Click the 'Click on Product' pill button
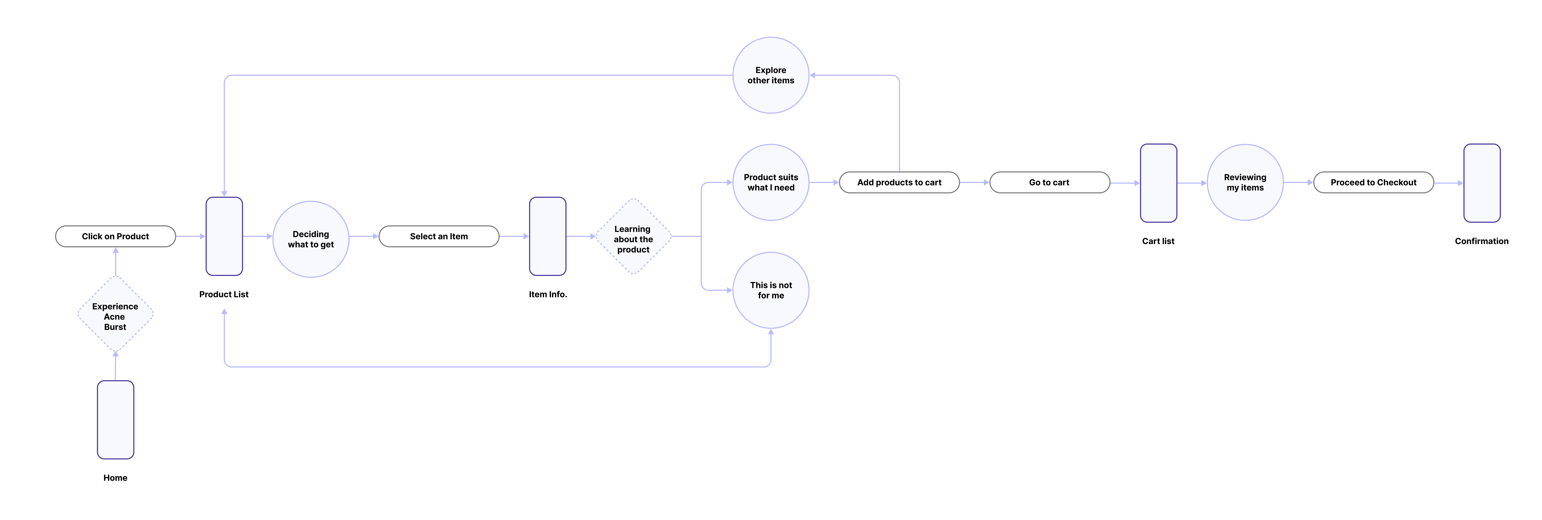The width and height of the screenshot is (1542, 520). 115,236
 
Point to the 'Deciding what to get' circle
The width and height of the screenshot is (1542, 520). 311,239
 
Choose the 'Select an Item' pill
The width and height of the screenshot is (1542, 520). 439,236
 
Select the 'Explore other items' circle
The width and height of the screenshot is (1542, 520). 771,75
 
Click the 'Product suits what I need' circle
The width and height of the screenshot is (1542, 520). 771,183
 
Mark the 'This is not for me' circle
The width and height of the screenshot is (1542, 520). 771,290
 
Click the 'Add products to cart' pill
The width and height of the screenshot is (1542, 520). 899,183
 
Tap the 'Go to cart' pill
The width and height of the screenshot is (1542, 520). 1049,183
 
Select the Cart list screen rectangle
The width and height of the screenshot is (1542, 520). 1158,183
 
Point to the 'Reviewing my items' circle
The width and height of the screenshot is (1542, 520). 1245,183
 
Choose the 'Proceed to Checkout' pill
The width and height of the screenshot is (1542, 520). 1373,183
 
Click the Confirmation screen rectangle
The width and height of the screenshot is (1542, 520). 1482,183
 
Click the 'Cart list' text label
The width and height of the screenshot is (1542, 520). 1158,241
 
